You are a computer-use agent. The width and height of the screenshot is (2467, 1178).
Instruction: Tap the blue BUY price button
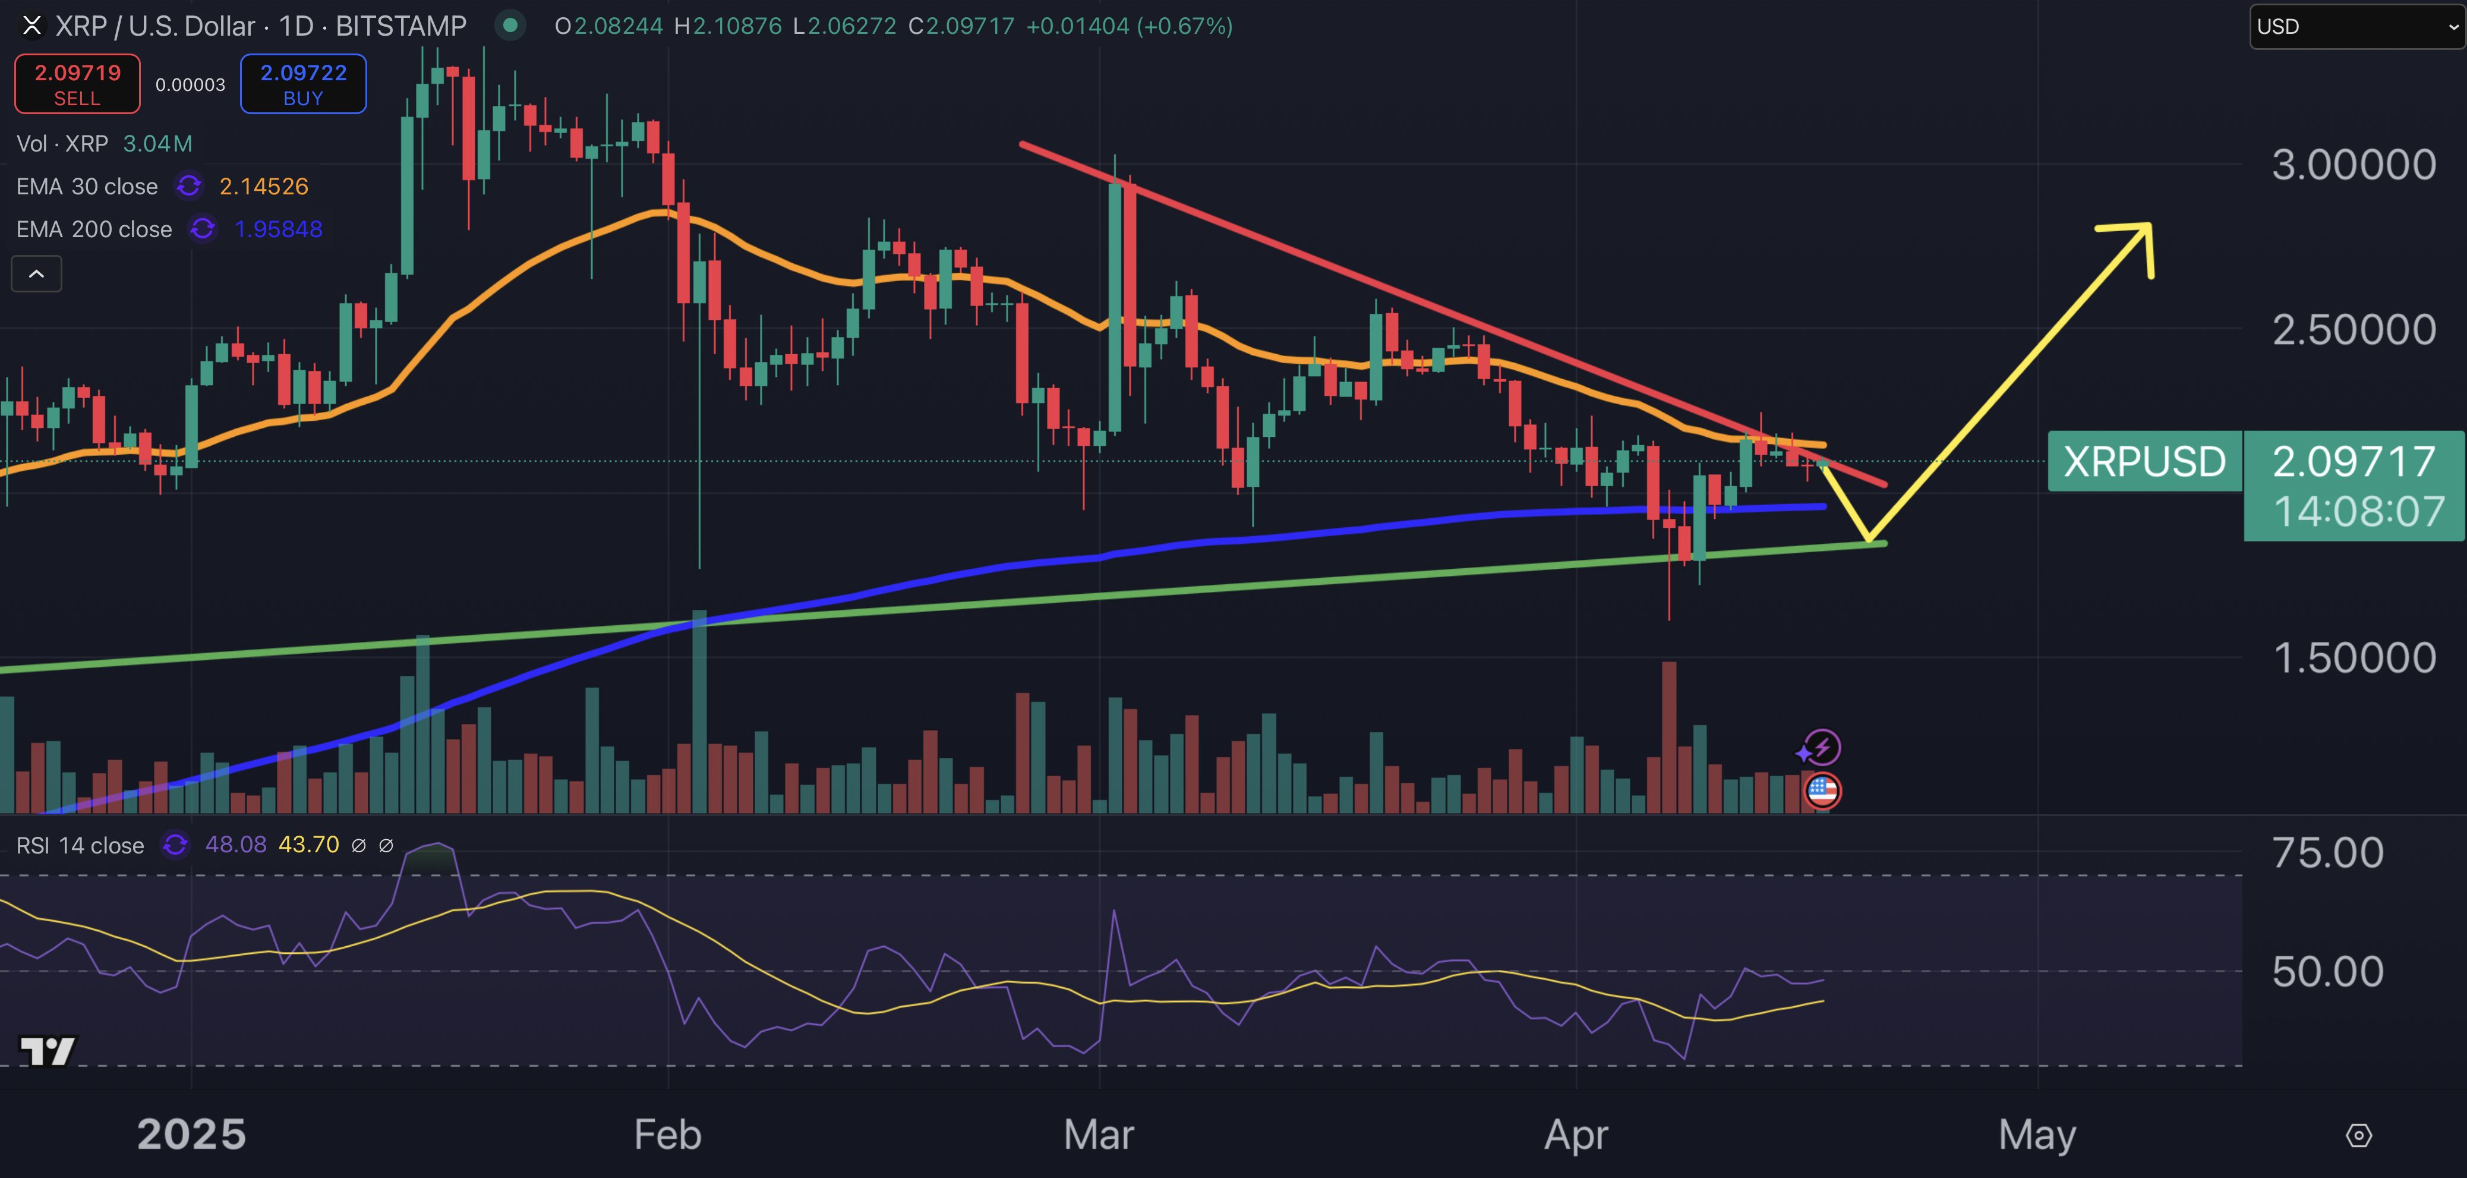point(302,84)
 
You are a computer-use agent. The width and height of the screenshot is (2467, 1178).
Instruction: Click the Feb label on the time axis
point(667,1135)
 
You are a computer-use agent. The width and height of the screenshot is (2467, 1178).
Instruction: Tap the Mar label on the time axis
point(1099,1135)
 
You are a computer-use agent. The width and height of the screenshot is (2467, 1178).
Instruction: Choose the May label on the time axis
point(2037,1135)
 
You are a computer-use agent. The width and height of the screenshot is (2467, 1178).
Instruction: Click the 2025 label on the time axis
point(191,1135)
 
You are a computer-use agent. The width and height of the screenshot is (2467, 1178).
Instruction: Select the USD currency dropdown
point(2356,27)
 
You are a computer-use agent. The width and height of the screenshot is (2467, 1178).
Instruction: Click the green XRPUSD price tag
point(2144,462)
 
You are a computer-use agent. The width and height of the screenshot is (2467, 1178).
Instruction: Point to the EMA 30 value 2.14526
point(263,187)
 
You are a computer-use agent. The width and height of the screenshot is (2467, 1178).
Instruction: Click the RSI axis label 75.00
point(2327,852)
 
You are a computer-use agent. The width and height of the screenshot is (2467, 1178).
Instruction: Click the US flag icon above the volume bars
point(1822,791)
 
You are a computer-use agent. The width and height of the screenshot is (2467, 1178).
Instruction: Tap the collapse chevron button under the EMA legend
point(36,275)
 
